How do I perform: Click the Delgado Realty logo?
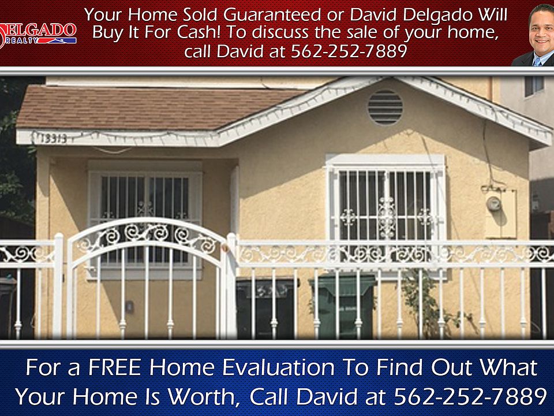[x=38, y=34]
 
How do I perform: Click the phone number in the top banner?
[x=349, y=51]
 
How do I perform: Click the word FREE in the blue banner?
[x=115, y=367]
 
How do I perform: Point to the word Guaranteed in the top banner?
[x=272, y=15]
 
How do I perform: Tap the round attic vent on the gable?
[x=385, y=107]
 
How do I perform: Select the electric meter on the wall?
[x=493, y=204]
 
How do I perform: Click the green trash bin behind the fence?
[x=342, y=306]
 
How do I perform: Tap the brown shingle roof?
[x=148, y=107]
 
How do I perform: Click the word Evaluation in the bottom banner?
[x=279, y=367]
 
